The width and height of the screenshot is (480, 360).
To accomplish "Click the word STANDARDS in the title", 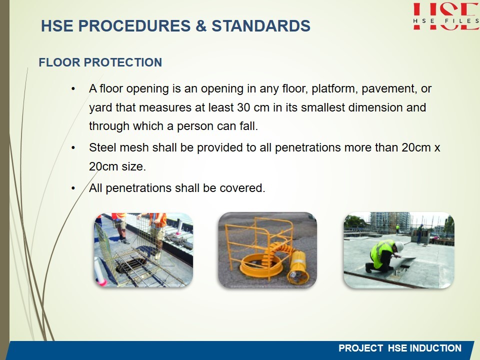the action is [261, 25].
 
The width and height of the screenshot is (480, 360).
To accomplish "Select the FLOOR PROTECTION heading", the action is [100, 62].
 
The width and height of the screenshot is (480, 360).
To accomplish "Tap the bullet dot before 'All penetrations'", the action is [73, 188].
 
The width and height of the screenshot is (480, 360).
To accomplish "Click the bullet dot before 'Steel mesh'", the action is [73, 148].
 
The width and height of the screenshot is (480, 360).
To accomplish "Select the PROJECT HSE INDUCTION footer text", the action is [399, 348].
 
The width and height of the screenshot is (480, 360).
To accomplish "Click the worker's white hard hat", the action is [399, 246].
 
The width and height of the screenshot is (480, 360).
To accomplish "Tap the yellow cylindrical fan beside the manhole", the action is [298, 267].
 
